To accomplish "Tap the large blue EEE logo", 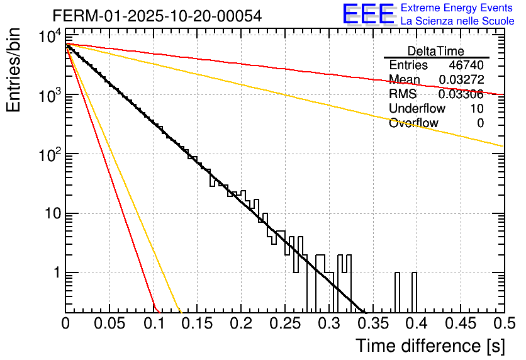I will point(368,14).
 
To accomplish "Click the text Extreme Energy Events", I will point(457,8).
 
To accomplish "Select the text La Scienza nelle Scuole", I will point(457,21).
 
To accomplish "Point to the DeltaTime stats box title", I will point(436,51).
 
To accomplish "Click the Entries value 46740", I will point(466,65).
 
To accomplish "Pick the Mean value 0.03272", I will point(461,80).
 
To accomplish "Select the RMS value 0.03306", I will point(461,94).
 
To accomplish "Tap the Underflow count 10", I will point(477,109).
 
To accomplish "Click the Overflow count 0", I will point(480,123).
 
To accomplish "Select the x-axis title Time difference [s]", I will point(429,346).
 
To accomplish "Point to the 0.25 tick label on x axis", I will point(285,323).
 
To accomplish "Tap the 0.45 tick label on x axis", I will point(460,323).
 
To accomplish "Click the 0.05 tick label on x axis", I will point(109,323).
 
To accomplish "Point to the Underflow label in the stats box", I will point(417,109).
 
